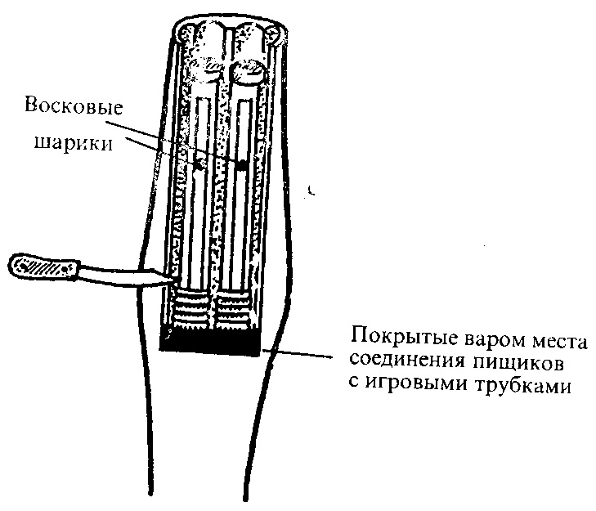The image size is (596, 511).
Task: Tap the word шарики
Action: (x=74, y=143)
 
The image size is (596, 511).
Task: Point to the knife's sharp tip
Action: (x=173, y=280)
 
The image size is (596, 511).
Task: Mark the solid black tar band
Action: (x=210, y=341)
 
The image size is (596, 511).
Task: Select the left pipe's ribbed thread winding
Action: (x=192, y=307)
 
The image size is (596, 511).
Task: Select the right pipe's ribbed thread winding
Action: (x=233, y=309)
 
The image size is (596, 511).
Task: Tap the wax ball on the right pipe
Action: (x=241, y=164)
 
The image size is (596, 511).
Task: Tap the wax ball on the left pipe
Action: (x=200, y=164)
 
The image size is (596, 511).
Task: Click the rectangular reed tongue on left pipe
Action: (x=202, y=128)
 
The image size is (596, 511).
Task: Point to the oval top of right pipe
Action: (x=250, y=70)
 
